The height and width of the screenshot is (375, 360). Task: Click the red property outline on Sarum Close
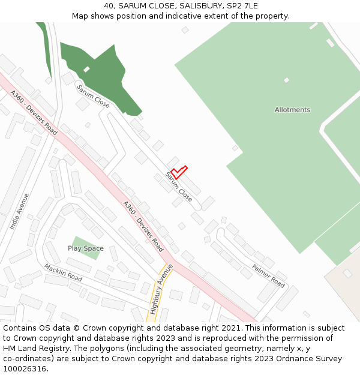pyautogui.click(x=179, y=172)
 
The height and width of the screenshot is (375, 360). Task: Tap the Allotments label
pyautogui.click(x=292, y=110)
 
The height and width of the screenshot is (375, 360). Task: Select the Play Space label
pyautogui.click(x=85, y=248)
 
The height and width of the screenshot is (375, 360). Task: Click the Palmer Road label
pyautogui.click(x=268, y=275)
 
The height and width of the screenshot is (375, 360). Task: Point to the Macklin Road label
pyautogui.click(x=62, y=272)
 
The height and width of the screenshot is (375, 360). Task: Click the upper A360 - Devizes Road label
pyautogui.click(x=34, y=112)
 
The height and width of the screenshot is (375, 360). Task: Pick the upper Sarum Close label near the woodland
pyautogui.click(x=92, y=96)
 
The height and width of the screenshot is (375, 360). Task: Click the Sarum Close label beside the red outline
pyautogui.click(x=179, y=187)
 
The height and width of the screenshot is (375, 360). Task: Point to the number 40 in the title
pyautogui.click(x=109, y=6)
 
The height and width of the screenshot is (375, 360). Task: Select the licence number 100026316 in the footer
pyautogui.click(x=25, y=369)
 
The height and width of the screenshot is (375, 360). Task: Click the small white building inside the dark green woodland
pyautogui.click(x=86, y=70)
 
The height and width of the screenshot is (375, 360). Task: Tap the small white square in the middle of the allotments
pyautogui.click(x=286, y=80)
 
